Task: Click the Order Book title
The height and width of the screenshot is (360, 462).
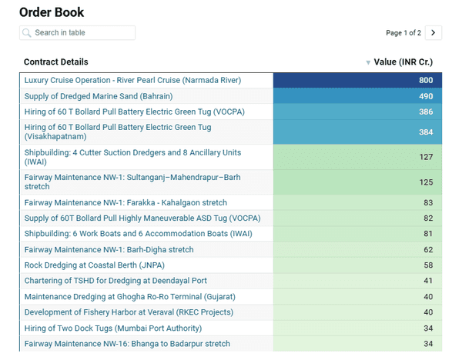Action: [52, 12]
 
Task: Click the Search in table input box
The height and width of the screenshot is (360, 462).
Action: [77, 33]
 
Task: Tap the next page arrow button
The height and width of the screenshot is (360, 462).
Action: [434, 33]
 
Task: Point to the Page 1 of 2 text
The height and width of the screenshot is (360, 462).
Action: [403, 33]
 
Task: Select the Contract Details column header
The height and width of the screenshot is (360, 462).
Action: [55, 62]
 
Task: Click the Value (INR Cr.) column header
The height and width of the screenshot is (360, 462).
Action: [403, 62]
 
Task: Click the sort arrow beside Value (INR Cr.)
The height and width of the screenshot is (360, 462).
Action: [368, 62]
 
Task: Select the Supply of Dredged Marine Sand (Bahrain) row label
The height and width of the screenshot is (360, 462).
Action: [99, 96]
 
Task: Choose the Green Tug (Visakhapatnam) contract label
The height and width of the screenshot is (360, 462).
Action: [117, 132]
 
